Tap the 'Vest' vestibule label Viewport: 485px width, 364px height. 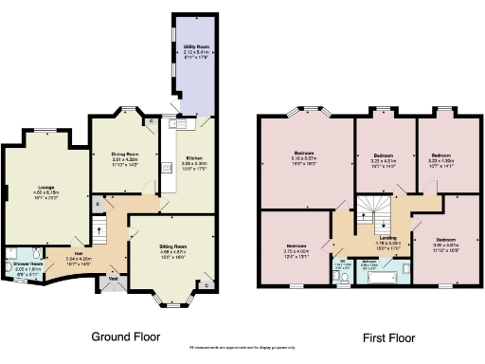[112, 279]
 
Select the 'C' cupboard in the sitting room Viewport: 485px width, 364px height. [207, 283]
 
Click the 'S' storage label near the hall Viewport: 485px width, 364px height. [98, 205]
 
